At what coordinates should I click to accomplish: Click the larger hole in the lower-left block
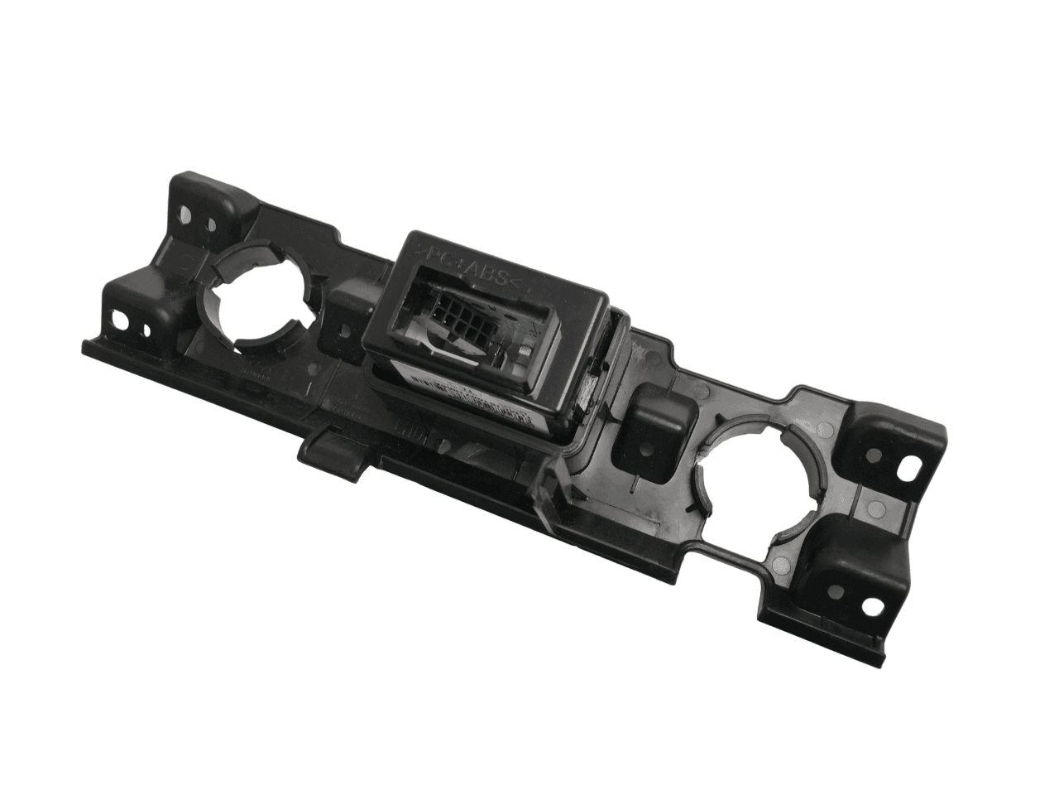tap(125, 318)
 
